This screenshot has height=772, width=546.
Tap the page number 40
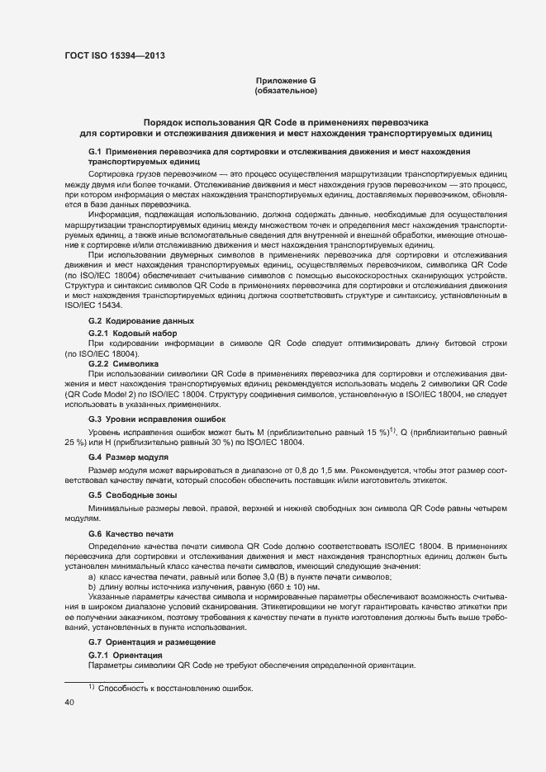pyautogui.click(x=69, y=702)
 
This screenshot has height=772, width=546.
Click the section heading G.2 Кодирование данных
pyautogui.click(x=140, y=320)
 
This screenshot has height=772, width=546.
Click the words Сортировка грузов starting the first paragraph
pyautogui.click(x=126, y=177)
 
